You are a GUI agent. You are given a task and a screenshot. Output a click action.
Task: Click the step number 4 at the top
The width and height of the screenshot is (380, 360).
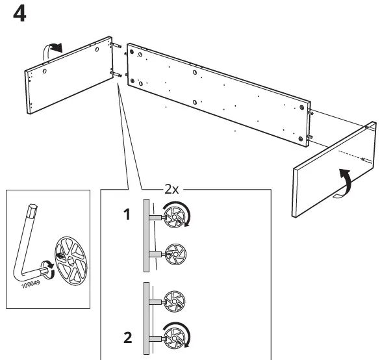[20, 14]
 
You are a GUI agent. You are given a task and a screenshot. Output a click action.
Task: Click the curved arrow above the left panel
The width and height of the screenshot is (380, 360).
[53, 47]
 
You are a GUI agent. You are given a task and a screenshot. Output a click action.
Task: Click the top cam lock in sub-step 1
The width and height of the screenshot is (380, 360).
[173, 215]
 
